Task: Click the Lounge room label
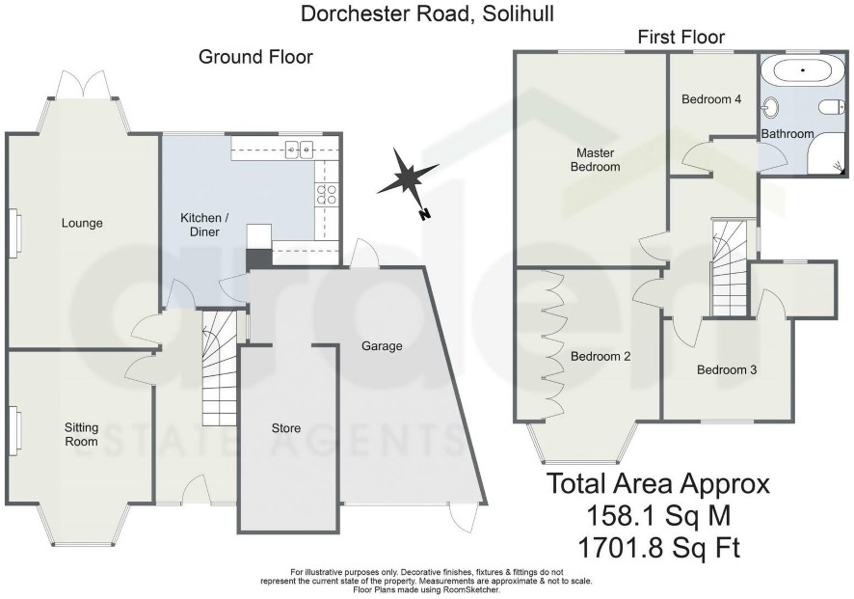(82, 223)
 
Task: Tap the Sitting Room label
(82, 434)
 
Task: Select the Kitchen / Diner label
(204, 225)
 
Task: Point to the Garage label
(382, 346)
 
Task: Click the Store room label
(286, 428)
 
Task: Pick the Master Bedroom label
(596, 160)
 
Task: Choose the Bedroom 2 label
(600, 357)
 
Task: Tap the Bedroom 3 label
(727, 370)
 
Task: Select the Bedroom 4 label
(711, 99)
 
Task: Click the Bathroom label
(787, 133)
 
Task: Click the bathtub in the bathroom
(802, 70)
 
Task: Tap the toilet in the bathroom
(832, 107)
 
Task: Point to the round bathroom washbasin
(771, 107)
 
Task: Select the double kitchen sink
(300, 149)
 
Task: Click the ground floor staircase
(220, 368)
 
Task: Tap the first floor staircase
(729, 267)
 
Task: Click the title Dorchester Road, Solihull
(428, 14)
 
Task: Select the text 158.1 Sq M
(658, 515)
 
